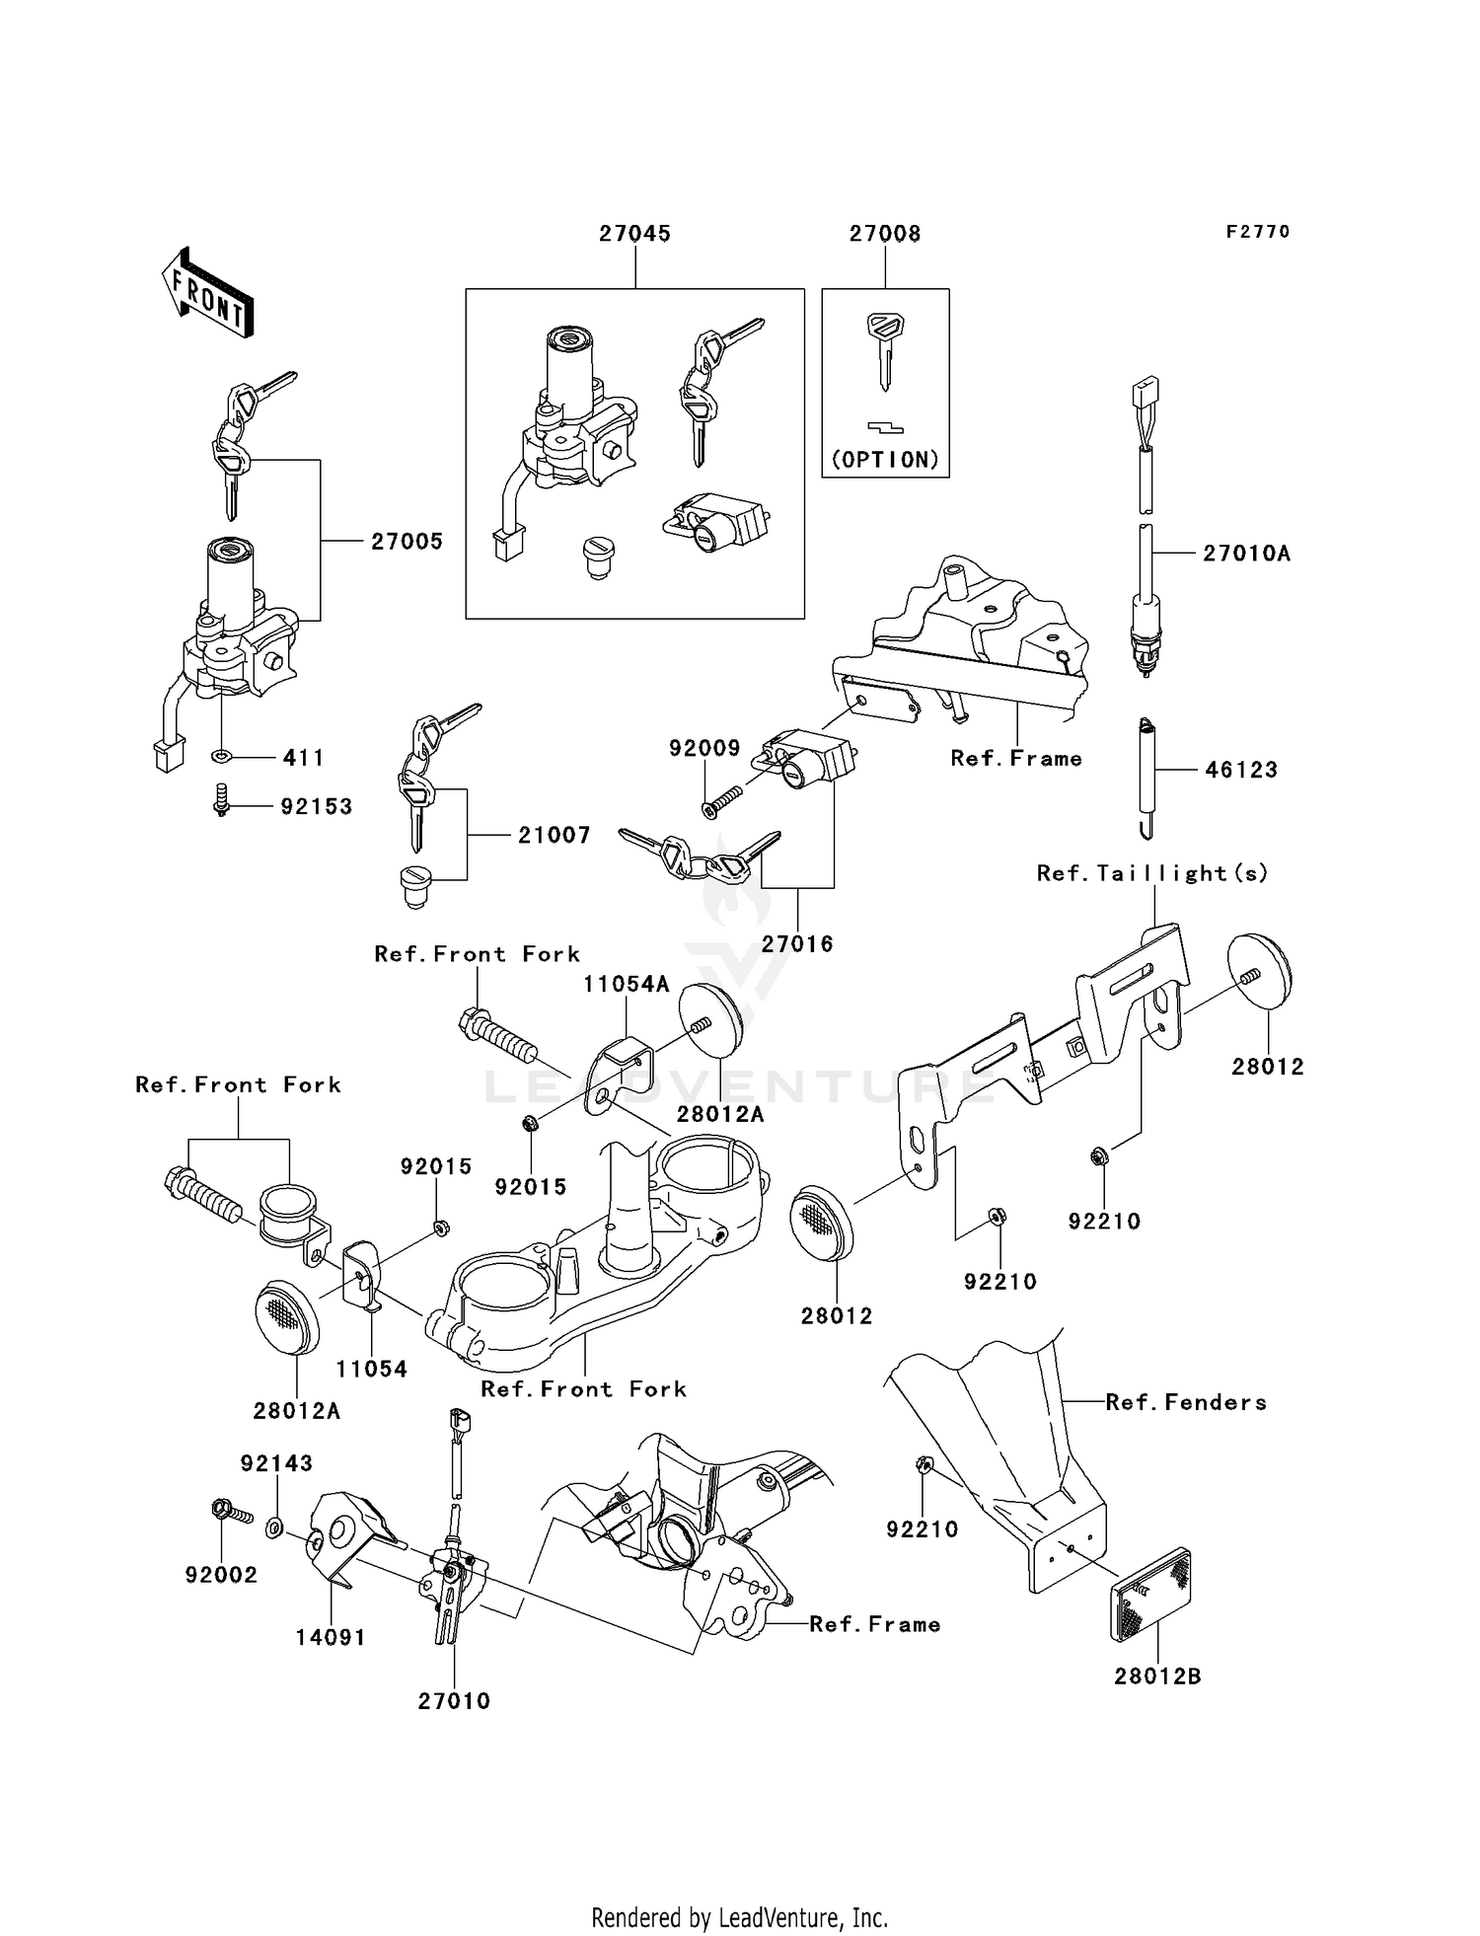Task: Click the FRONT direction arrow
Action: (x=208, y=293)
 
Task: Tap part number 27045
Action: (x=634, y=234)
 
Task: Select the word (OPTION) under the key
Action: (x=885, y=460)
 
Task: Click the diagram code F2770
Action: (x=1258, y=232)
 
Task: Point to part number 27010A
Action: (x=1246, y=554)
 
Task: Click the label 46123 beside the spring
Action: (x=1241, y=770)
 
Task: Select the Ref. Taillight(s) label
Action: (x=1152, y=873)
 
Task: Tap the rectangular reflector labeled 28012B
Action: (x=1150, y=1596)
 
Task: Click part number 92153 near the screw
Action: (x=317, y=807)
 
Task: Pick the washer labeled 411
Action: (x=222, y=757)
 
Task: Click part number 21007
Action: (x=555, y=836)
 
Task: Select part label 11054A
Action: (x=627, y=984)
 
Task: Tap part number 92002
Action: (x=221, y=1575)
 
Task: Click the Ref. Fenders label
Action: (x=1186, y=1402)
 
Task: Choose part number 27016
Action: (x=797, y=944)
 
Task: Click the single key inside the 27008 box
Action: (x=885, y=349)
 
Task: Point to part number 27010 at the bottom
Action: (x=454, y=1701)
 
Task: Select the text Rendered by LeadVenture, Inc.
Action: (x=739, y=1917)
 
